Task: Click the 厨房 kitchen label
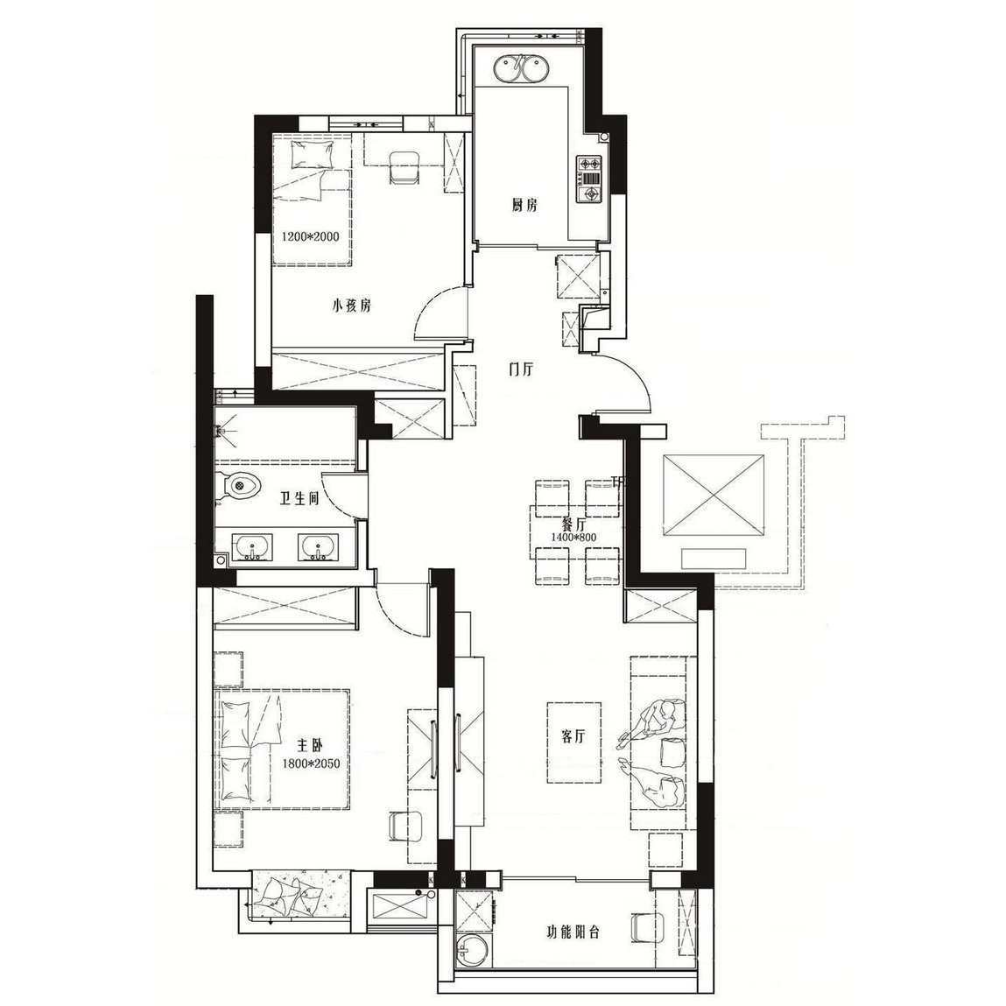[x=524, y=205]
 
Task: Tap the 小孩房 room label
[x=351, y=306]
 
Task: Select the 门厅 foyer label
[x=521, y=369]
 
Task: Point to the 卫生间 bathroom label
[x=299, y=498]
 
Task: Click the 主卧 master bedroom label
[x=309, y=745]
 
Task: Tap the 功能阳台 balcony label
[x=573, y=932]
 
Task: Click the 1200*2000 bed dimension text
[x=311, y=236]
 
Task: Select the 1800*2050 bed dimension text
[x=311, y=763]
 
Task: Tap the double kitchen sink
[x=520, y=68]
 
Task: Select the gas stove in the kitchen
[x=590, y=179]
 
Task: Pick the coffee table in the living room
[x=574, y=742]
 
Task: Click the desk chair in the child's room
[x=404, y=167]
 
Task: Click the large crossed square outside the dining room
[x=714, y=495]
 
